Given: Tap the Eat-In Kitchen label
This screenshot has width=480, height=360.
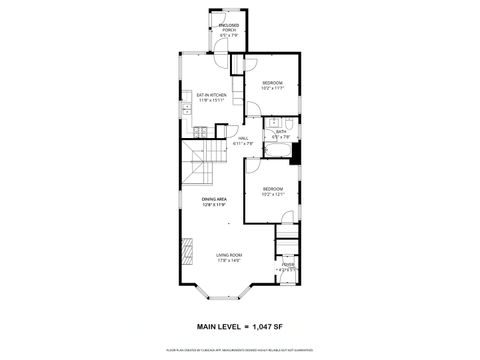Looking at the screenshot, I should [211, 94].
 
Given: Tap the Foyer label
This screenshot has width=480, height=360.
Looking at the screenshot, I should [287, 265].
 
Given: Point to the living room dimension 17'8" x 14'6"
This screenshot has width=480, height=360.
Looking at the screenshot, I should [229, 261].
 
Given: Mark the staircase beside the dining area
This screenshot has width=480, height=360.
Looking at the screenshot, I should [199, 164].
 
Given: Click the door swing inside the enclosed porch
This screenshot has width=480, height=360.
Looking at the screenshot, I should [219, 46].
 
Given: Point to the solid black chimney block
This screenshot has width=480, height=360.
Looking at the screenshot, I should [296, 153].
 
